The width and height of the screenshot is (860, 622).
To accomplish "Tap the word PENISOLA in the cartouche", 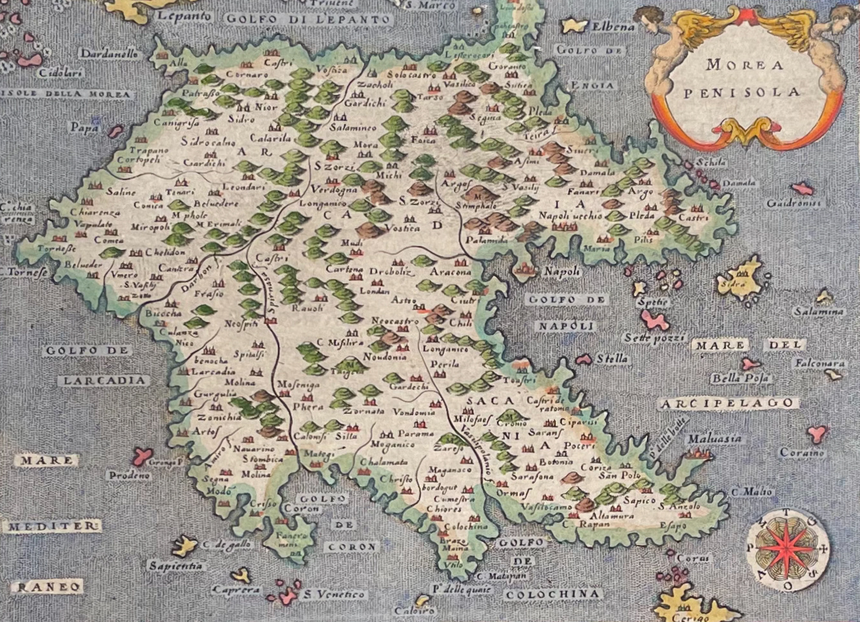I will (741, 93).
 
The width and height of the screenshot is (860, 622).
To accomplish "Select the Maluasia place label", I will (714, 438).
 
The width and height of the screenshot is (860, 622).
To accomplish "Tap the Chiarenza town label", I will (96, 213).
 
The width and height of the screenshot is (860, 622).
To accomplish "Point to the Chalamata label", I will (384, 462).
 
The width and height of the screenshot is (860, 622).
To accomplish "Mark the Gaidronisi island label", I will (793, 203).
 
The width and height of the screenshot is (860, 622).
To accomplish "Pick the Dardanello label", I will (109, 54).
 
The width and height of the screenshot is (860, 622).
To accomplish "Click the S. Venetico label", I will (334, 594).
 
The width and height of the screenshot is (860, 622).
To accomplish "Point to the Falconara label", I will (819, 364).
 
